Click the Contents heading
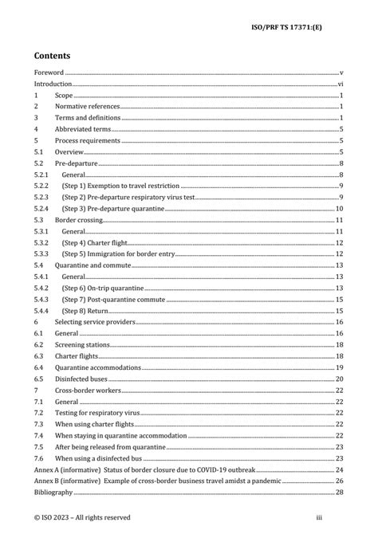(52, 56)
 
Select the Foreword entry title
(49, 72)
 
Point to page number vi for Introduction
(340, 84)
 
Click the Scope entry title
(63, 95)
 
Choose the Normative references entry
(87, 106)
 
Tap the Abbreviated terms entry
(82, 129)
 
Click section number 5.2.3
(41, 197)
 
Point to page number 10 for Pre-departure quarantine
(339, 208)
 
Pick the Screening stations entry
(85, 344)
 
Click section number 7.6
(37, 458)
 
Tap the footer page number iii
(341, 517)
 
